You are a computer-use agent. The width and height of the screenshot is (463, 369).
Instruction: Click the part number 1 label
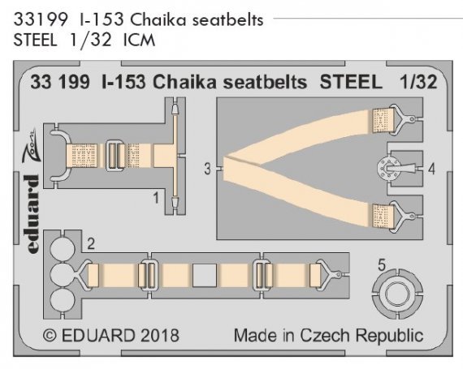click(155, 195)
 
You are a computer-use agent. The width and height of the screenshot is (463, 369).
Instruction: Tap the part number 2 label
click(92, 242)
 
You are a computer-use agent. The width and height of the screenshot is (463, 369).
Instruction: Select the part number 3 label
click(208, 169)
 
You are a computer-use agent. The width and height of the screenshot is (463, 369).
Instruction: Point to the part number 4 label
click(432, 169)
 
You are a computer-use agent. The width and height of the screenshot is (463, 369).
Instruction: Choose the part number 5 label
click(383, 262)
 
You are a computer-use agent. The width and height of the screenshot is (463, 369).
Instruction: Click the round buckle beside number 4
click(385, 169)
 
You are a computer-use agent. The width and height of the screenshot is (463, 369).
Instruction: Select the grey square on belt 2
click(204, 276)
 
